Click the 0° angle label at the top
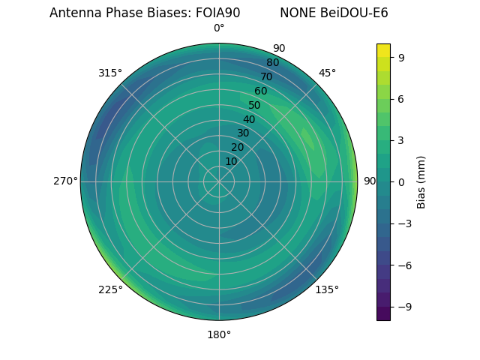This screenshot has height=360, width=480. [219, 28]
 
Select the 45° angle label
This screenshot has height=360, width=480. [327, 73]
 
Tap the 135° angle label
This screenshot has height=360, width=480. [327, 289]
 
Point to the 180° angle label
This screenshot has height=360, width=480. [219, 334]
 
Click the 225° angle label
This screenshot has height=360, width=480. [110, 290]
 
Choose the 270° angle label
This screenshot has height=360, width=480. [65, 181]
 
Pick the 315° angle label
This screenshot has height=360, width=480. [110, 73]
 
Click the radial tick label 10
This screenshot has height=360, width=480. [231, 161]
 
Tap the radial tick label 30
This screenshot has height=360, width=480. [243, 133]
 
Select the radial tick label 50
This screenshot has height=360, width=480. [255, 105]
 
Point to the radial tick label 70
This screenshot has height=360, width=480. [266, 76]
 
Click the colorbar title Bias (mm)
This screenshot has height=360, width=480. [421, 181]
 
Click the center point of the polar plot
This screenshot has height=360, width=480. [219, 181]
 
